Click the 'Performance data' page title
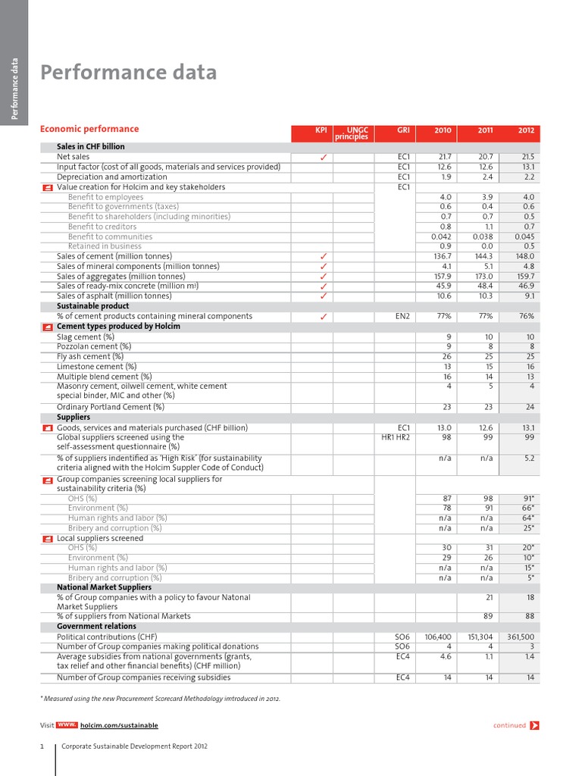click(128, 73)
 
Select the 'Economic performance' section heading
click(89, 129)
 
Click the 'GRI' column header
click(403, 131)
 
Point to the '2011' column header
click(485, 131)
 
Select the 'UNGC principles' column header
click(353, 134)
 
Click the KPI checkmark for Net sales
click(323, 157)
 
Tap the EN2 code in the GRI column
click(402, 316)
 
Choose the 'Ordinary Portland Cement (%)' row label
click(111, 407)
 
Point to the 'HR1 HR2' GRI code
click(395, 437)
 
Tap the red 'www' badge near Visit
click(67, 725)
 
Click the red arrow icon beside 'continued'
click(535, 725)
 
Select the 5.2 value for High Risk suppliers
click(528, 458)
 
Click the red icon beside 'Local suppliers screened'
click(48, 538)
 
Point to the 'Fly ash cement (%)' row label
click(90, 356)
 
